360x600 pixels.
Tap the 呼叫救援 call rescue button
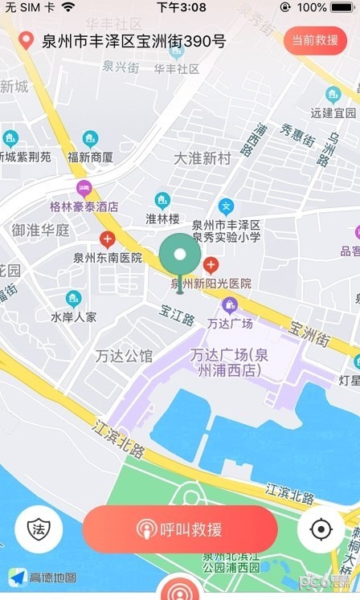click(180, 529)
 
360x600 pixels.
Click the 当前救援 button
click(314, 40)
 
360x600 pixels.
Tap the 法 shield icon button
click(39, 529)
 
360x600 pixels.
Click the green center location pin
click(180, 257)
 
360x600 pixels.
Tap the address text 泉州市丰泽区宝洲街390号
click(133, 41)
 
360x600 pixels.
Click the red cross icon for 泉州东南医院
click(107, 239)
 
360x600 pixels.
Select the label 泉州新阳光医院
click(211, 284)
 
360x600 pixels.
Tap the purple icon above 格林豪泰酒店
click(84, 190)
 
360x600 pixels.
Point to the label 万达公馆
click(124, 356)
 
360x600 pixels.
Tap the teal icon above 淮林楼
click(162, 200)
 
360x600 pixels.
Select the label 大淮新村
click(202, 158)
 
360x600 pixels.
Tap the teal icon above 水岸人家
click(73, 299)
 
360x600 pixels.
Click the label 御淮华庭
click(40, 231)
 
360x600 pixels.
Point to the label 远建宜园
click(333, 113)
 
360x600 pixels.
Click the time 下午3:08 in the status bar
click(181, 7)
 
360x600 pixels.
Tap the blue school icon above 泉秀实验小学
click(226, 206)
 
